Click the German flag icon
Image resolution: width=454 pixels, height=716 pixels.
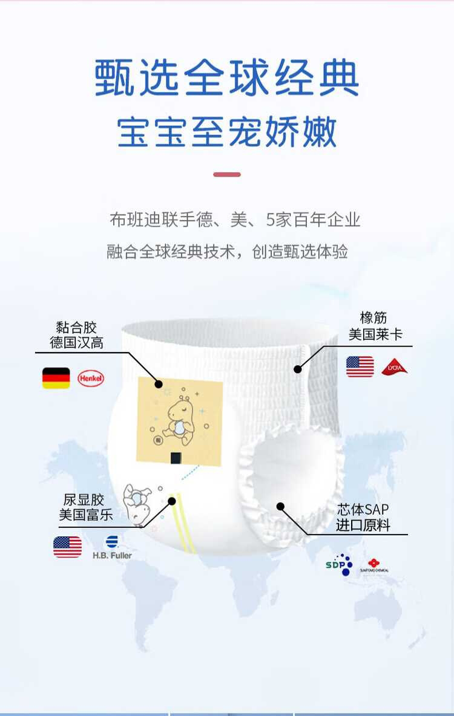pos(56,378)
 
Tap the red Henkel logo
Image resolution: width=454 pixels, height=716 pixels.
pos(91,379)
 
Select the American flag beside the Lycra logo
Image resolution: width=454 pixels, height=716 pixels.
pos(360,366)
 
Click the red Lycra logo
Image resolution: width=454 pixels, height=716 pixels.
pos(394,366)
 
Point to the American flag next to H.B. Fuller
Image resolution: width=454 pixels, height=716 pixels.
pos(67,547)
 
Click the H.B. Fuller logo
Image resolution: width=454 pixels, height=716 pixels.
pos(112,547)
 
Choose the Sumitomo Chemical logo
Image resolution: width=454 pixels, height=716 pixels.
pos(374,565)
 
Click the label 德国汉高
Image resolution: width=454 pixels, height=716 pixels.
pos(76,343)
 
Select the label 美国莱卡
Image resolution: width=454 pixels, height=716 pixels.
pos(375,334)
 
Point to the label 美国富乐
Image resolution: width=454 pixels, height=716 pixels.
pos(86,515)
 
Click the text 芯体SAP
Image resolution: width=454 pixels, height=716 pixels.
pos(363,510)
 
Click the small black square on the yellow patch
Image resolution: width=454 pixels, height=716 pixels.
pos(176,458)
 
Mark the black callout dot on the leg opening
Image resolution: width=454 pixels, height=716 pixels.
pos(280,506)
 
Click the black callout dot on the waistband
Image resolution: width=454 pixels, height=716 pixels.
pos(297,368)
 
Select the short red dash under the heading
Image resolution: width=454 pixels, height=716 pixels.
pos(227,174)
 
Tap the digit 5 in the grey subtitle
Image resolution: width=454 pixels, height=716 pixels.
pos(271,220)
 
